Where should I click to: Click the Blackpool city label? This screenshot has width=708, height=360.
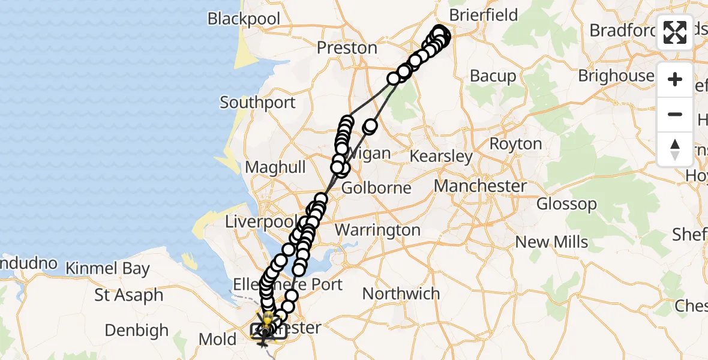[x=244, y=19]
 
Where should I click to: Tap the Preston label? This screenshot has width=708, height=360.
[x=347, y=47]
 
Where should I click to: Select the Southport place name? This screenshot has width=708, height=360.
[x=257, y=103]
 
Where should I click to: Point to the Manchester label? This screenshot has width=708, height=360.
[x=480, y=186]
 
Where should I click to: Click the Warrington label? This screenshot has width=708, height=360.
[x=377, y=230]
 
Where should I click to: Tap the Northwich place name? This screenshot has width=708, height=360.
[x=401, y=293]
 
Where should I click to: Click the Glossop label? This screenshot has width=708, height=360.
[x=566, y=204]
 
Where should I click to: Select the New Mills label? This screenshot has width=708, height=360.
[x=551, y=242]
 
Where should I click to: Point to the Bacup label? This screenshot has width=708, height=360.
[x=493, y=76]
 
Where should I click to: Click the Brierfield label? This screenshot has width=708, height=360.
[x=483, y=15]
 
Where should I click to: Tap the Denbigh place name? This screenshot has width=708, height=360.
[x=136, y=330]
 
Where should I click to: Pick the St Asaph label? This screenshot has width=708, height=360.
[x=128, y=295]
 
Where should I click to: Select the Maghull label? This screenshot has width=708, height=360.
[x=275, y=167]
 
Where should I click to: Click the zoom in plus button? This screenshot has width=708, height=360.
[x=675, y=80]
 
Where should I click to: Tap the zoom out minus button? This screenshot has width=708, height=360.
[x=675, y=115]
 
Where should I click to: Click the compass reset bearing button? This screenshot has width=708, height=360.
[x=675, y=149]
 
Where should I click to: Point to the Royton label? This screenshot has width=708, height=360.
[x=515, y=144]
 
